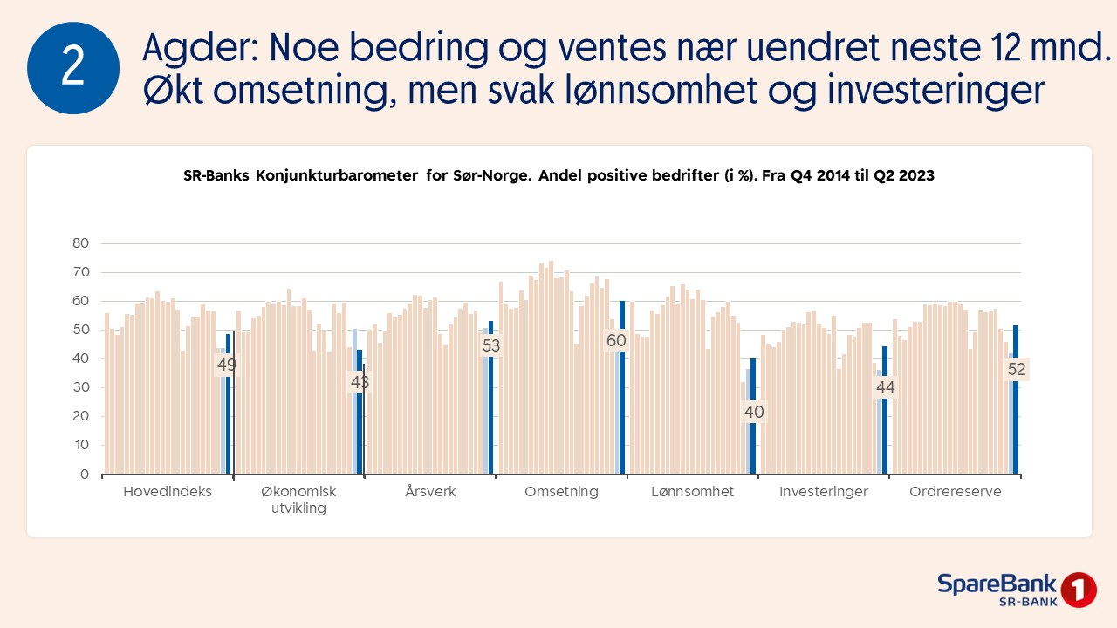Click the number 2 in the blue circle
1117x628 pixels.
click(73, 68)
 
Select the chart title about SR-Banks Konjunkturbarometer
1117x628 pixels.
click(558, 175)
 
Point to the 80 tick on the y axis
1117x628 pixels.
click(80, 243)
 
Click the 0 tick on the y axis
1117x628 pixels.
click(84, 474)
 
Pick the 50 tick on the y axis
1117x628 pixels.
click(80, 330)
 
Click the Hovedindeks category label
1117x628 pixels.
click(168, 492)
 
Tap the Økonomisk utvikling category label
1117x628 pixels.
click(298, 500)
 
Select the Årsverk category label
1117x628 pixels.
click(430, 492)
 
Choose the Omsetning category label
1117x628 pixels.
click(561, 492)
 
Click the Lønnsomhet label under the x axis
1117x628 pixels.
click(693, 492)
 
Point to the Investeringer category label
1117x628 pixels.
click(824, 492)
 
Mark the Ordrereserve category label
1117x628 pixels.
click(955, 492)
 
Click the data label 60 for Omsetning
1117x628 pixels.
click(616, 340)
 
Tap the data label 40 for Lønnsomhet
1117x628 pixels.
click(754, 413)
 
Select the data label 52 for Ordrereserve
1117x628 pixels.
click(1017, 369)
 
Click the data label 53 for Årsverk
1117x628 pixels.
click(491, 345)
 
